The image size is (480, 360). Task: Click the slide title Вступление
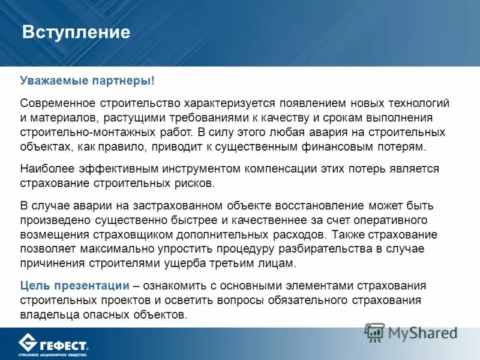pyautogui.click(x=76, y=32)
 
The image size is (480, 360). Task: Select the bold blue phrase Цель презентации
pyautogui.click(x=74, y=286)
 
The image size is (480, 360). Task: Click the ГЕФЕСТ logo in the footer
pyautogui.click(x=54, y=344)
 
